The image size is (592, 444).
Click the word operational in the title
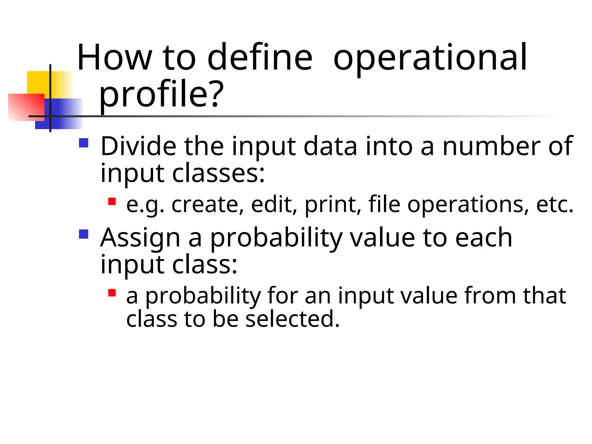tap(430, 58)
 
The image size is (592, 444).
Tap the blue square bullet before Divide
tap(84, 143)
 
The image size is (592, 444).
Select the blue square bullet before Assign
tap(84, 234)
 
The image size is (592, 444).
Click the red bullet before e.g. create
tap(112, 201)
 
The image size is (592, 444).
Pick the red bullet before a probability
tap(112, 293)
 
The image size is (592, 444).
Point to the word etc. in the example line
tap(555, 205)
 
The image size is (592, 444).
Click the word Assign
tap(140, 238)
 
